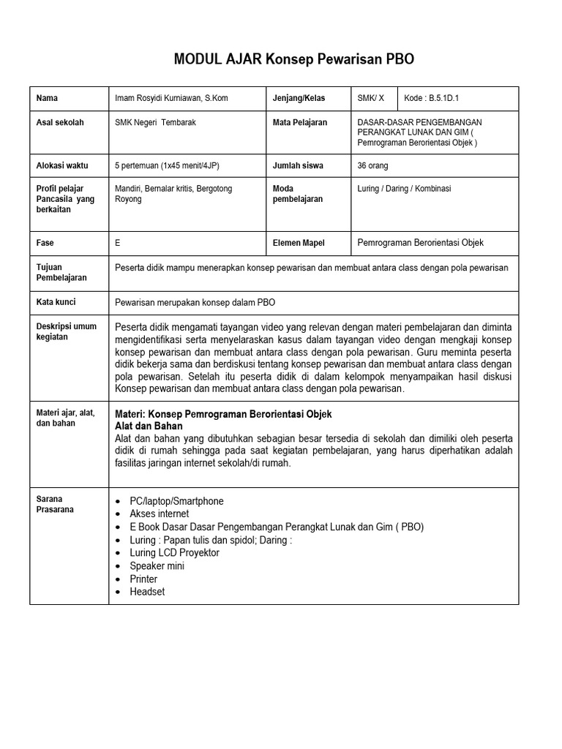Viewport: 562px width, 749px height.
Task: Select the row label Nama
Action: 47,98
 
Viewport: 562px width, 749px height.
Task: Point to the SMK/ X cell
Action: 370,98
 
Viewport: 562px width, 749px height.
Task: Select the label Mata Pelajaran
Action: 299,122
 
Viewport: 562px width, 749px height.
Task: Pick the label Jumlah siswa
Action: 298,165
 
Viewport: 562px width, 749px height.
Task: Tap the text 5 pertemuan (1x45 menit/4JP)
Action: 168,165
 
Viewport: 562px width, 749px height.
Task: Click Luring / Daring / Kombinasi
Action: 404,189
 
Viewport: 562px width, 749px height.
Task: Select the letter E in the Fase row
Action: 119,243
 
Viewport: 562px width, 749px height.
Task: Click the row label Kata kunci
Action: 56,301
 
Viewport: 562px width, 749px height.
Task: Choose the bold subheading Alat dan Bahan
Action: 149,426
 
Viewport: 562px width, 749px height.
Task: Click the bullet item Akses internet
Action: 159,514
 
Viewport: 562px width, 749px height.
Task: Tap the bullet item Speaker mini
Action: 157,565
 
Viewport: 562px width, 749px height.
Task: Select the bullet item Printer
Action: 143,579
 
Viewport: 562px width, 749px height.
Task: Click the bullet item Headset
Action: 147,592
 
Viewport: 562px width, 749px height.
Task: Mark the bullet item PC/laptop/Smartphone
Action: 176,501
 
